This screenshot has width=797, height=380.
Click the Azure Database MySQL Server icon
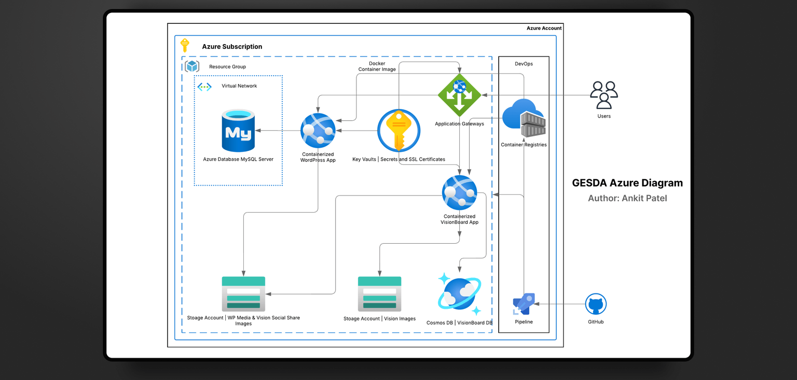pyautogui.click(x=238, y=131)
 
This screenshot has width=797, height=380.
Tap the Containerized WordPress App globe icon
pyautogui.click(x=318, y=131)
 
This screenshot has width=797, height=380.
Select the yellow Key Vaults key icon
pyautogui.click(x=398, y=131)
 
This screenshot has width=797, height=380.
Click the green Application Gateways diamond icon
pyautogui.click(x=459, y=95)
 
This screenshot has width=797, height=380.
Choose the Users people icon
pyautogui.click(x=603, y=94)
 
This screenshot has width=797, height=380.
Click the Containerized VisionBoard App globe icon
pyautogui.click(x=459, y=193)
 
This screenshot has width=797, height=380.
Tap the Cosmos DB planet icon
pyautogui.click(x=459, y=294)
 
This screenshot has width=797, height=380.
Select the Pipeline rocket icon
pyautogui.click(x=524, y=304)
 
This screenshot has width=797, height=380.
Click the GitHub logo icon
pyautogui.click(x=596, y=304)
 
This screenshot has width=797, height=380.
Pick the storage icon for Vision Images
pyautogui.click(x=379, y=294)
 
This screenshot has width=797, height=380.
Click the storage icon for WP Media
pyautogui.click(x=243, y=294)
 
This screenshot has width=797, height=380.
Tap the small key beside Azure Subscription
pyautogui.click(x=185, y=46)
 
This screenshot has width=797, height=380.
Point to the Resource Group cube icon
pyautogui.click(x=193, y=66)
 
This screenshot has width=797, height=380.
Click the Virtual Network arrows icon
pyautogui.click(x=204, y=87)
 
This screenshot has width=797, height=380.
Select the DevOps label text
pyautogui.click(x=524, y=64)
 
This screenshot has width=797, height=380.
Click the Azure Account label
pyautogui.click(x=544, y=28)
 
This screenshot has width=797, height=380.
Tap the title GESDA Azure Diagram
pyautogui.click(x=627, y=183)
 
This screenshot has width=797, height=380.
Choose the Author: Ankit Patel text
pyautogui.click(x=627, y=198)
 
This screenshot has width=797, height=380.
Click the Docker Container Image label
pyautogui.click(x=377, y=66)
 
